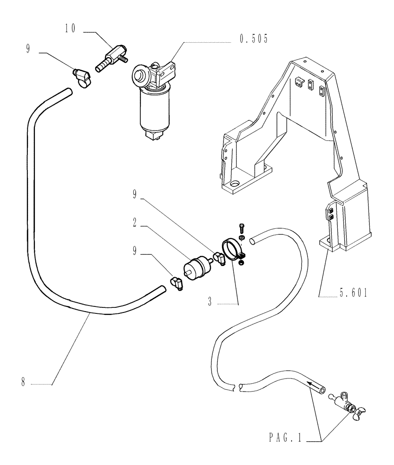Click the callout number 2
(x=133, y=224)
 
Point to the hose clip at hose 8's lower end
(x=177, y=282)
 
